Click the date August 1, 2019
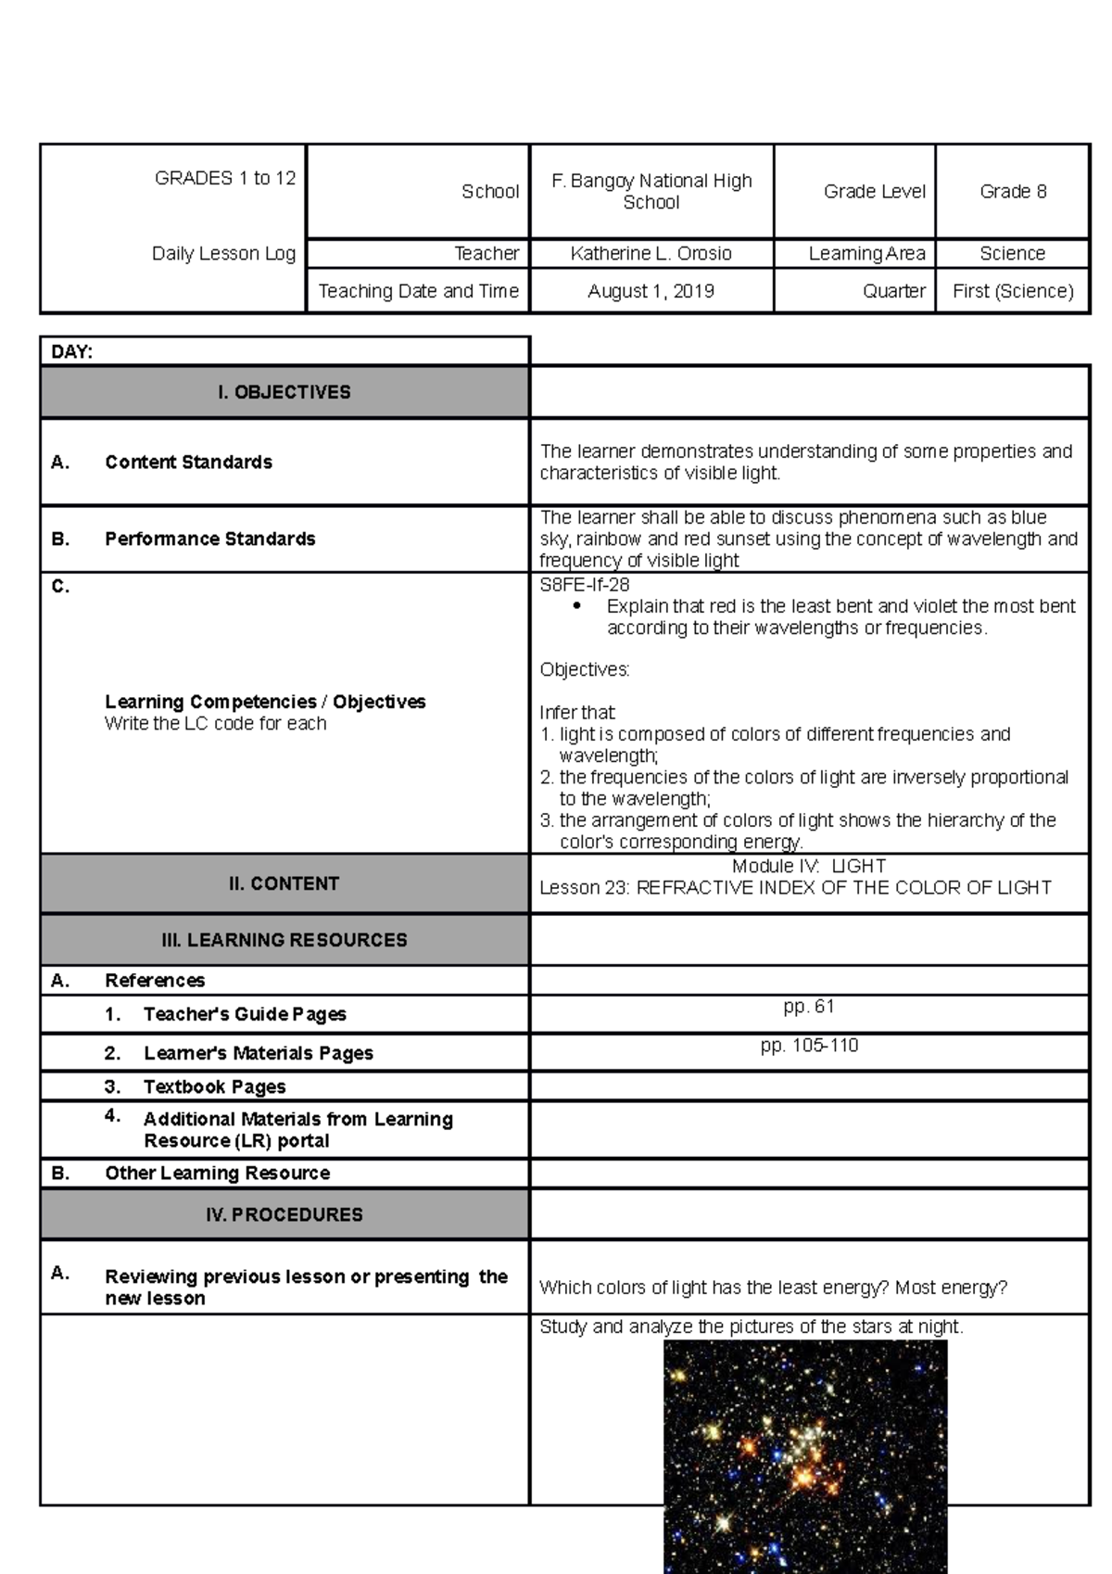tap(651, 291)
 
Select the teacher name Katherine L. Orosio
tap(651, 253)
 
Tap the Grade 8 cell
tap(1013, 191)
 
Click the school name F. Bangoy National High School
tap(651, 191)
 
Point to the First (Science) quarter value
tap(1013, 291)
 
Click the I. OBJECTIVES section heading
tap(284, 392)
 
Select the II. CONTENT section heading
tap(284, 883)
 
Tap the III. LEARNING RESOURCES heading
tap(284, 940)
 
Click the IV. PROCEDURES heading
tap(284, 1214)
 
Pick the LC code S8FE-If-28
tap(585, 585)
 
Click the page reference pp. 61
tap(809, 1006)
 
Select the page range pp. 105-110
tap(809, 1046)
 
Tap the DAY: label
tap(72, 351)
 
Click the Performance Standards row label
tap(209, 539)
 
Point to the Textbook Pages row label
tap(214, 1086)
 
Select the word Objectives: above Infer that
tap(584, 669)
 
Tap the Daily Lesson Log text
tap(223, 253)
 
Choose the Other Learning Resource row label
tap(217, 1173)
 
